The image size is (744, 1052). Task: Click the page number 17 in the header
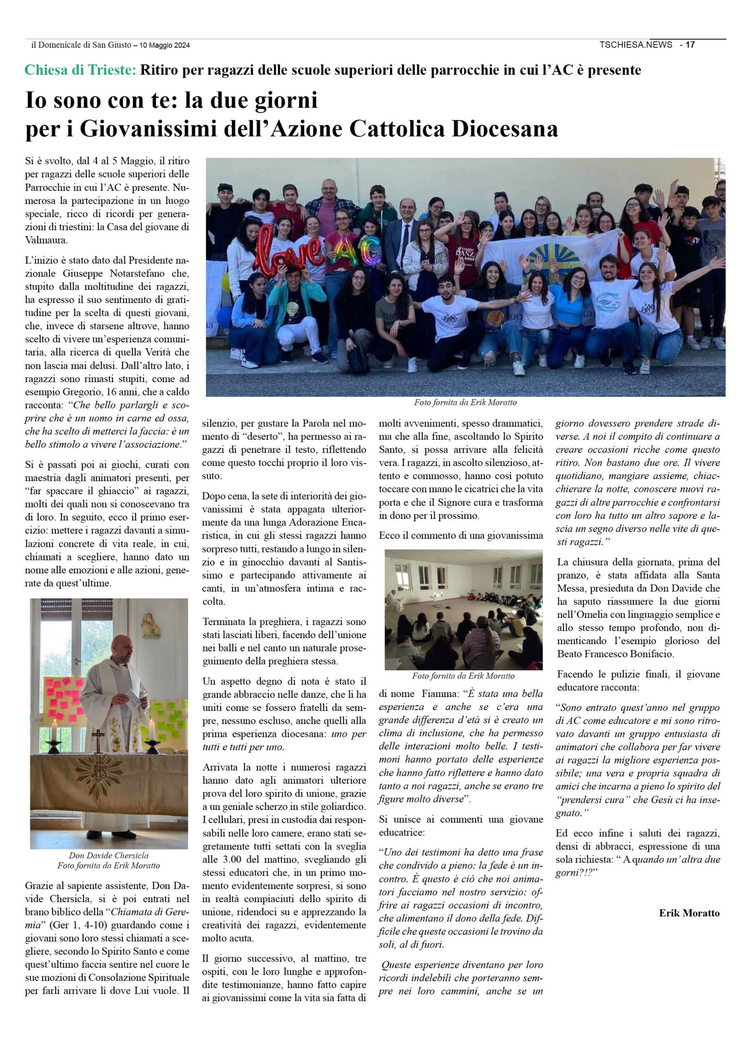point(691,45)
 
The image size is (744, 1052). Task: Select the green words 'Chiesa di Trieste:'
point(80,70)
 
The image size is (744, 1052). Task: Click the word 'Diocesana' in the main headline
point(505,129)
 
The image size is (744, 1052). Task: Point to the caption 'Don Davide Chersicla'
point(109,856)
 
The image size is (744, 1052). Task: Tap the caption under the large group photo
point(465,402)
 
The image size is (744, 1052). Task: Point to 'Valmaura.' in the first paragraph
point(46,240)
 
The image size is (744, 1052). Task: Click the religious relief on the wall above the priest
point(150,626)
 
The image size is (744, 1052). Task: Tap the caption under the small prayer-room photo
point(463,676)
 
